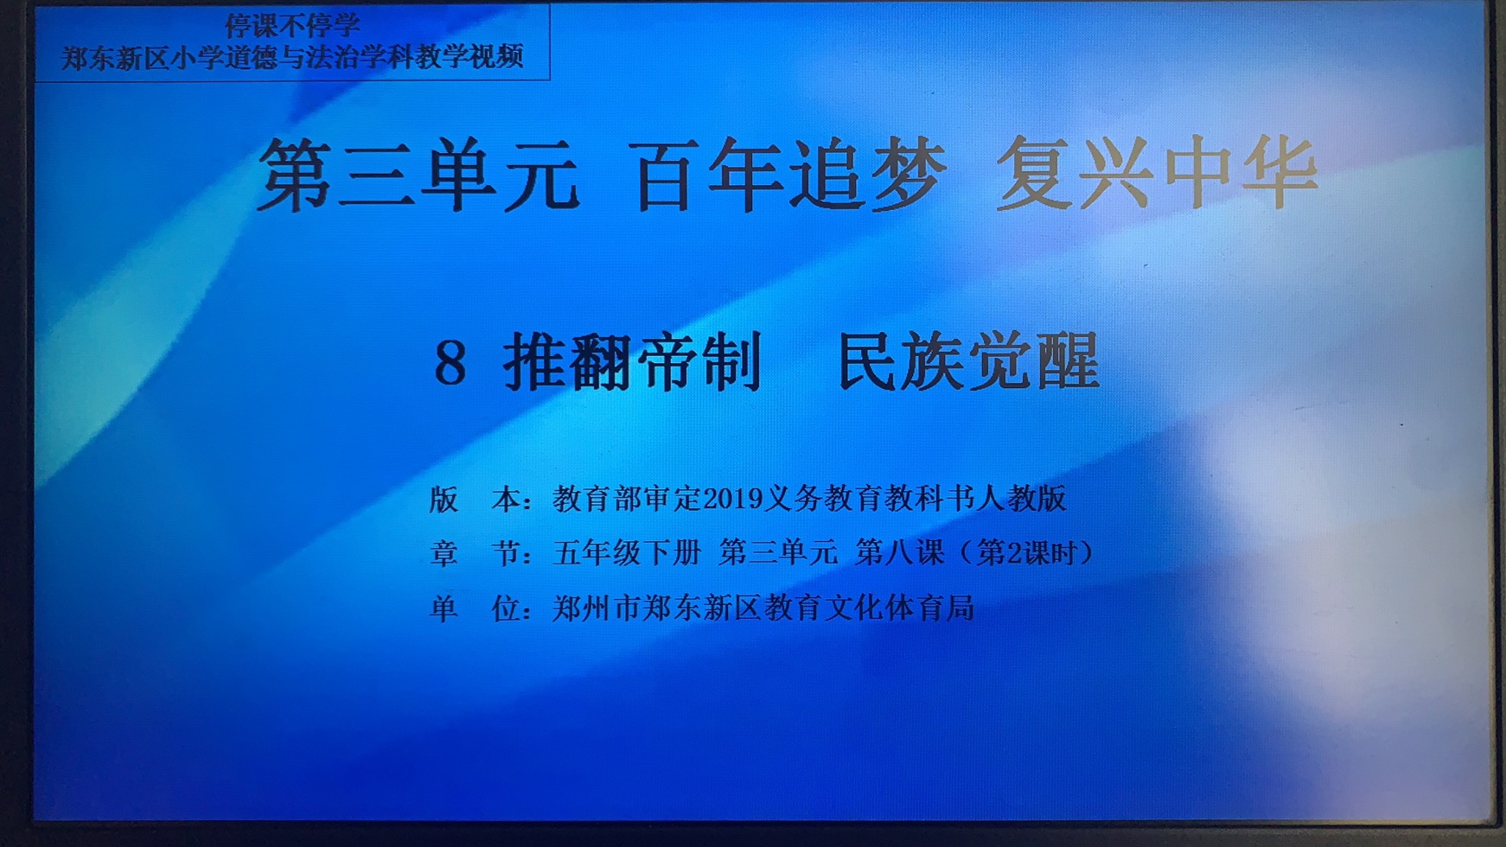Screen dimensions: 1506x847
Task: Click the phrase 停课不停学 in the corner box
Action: coord(292,25)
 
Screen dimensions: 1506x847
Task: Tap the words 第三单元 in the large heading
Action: coord(418,175)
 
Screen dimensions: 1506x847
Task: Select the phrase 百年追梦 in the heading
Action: coord(791,175)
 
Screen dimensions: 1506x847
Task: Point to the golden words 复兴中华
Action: coord(1157,172)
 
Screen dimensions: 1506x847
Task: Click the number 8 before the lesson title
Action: coord(450,363)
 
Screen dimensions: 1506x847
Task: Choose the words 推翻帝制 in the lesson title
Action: coord(633,361)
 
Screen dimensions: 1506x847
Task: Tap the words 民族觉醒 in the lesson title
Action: coord(969,361)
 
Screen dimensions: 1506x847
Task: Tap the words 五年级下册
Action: coord(627,553)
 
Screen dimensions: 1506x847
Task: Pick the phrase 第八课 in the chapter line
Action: coord(900,553)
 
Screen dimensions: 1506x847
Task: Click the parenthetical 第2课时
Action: coord(1026,553)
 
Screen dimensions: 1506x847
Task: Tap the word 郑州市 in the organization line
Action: coord(597,608)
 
